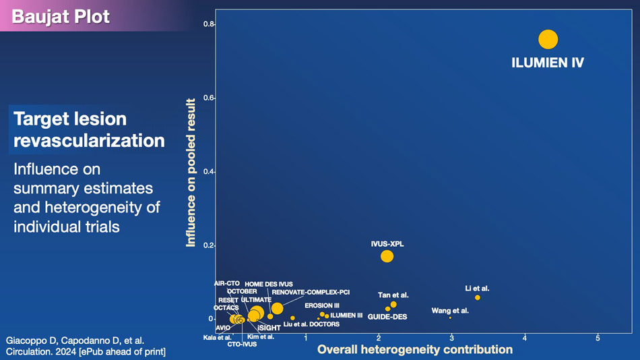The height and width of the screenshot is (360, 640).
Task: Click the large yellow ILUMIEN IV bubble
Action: (x=548, y=40)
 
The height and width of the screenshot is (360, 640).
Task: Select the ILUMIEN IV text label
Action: (x=548, y=63)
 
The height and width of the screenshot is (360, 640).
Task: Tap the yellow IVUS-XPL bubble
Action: (x=387, y=256)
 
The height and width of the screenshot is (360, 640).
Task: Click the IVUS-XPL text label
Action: (x=387, y=244)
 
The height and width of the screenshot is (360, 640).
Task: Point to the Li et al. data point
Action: (x=478, y=297)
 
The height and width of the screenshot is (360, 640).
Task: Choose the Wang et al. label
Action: (x=450, y=311)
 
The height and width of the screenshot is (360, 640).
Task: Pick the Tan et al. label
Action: (x=393, y=295)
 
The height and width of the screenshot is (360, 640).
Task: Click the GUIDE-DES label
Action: (x=387, y=317)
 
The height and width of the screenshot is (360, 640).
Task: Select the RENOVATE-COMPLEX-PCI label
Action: (x=311, y=293)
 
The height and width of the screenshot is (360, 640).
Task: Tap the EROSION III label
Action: (x=322, y=305)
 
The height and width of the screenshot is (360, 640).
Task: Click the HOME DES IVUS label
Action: (x=269, y=284)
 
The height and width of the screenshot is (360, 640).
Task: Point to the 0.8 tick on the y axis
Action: (x=209, y=25)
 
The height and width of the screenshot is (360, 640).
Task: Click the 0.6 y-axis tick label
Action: (x=209, y=98)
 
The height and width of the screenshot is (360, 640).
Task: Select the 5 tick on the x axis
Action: (x=598, y=338)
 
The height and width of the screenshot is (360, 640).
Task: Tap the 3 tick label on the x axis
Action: (x=451, y=338)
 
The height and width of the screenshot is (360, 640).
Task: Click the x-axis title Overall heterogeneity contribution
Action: (x=415, y=349)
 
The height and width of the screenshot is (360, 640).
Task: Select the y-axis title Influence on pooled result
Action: (x=191, y=173)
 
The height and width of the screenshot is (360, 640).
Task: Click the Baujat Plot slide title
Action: (x=61, y=16)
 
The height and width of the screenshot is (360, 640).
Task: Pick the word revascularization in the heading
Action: (x=89, y=140)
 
